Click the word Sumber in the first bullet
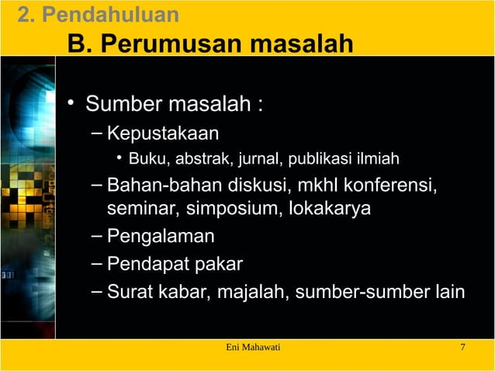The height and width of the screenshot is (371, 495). tap(126, 104)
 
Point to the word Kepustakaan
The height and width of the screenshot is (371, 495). tap(163, 133)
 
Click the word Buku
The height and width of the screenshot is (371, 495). tap(144, 161)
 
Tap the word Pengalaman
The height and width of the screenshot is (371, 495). tap(161, 236)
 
